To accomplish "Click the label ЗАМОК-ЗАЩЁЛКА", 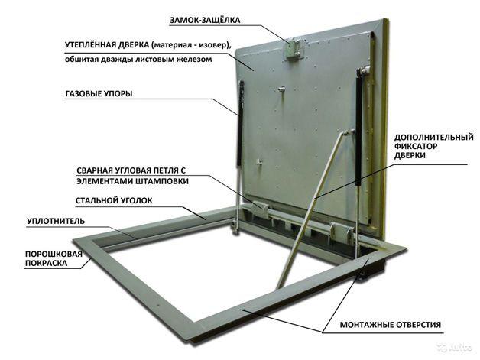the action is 205,20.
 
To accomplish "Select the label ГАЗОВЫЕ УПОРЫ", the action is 99,93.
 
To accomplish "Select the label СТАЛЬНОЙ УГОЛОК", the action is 114,200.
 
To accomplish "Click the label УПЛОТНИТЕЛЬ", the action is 56,221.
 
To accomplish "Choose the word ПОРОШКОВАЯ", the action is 54,254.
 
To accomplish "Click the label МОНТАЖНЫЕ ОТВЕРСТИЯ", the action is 391,325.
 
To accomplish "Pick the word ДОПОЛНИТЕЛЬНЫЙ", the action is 434,137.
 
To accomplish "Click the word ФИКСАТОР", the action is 416,146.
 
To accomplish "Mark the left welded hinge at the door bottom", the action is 260,209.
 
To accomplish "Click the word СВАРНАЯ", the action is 95,170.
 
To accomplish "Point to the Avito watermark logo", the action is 455,348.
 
